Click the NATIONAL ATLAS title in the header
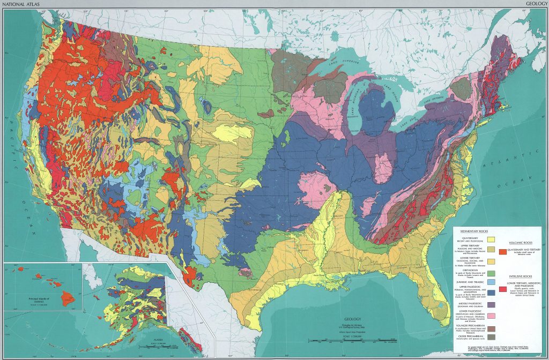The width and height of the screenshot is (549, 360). click(19, 4)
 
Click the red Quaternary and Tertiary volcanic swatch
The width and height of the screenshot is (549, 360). click(502, 251)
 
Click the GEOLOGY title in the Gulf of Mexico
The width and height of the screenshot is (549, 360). click(354, 318)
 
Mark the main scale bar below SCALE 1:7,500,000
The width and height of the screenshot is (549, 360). click(354, 343)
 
